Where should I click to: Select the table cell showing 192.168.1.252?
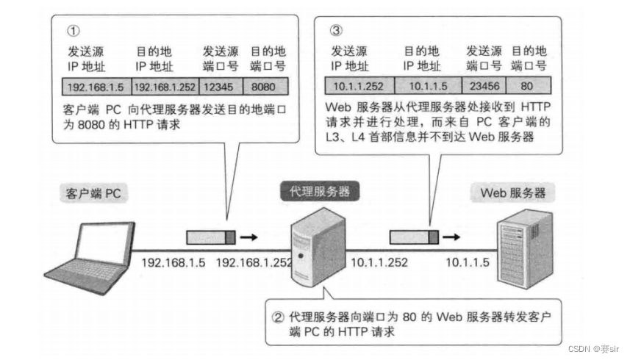(165, 85)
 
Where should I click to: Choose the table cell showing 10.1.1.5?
(427, 85)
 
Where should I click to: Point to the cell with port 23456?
(484, 85)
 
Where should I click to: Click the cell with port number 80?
(529, 85)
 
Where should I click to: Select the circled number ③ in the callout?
(336, 31)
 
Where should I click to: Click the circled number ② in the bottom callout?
(278, 317)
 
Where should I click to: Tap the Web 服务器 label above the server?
(512, 194)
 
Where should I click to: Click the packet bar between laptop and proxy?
(210, 237)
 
